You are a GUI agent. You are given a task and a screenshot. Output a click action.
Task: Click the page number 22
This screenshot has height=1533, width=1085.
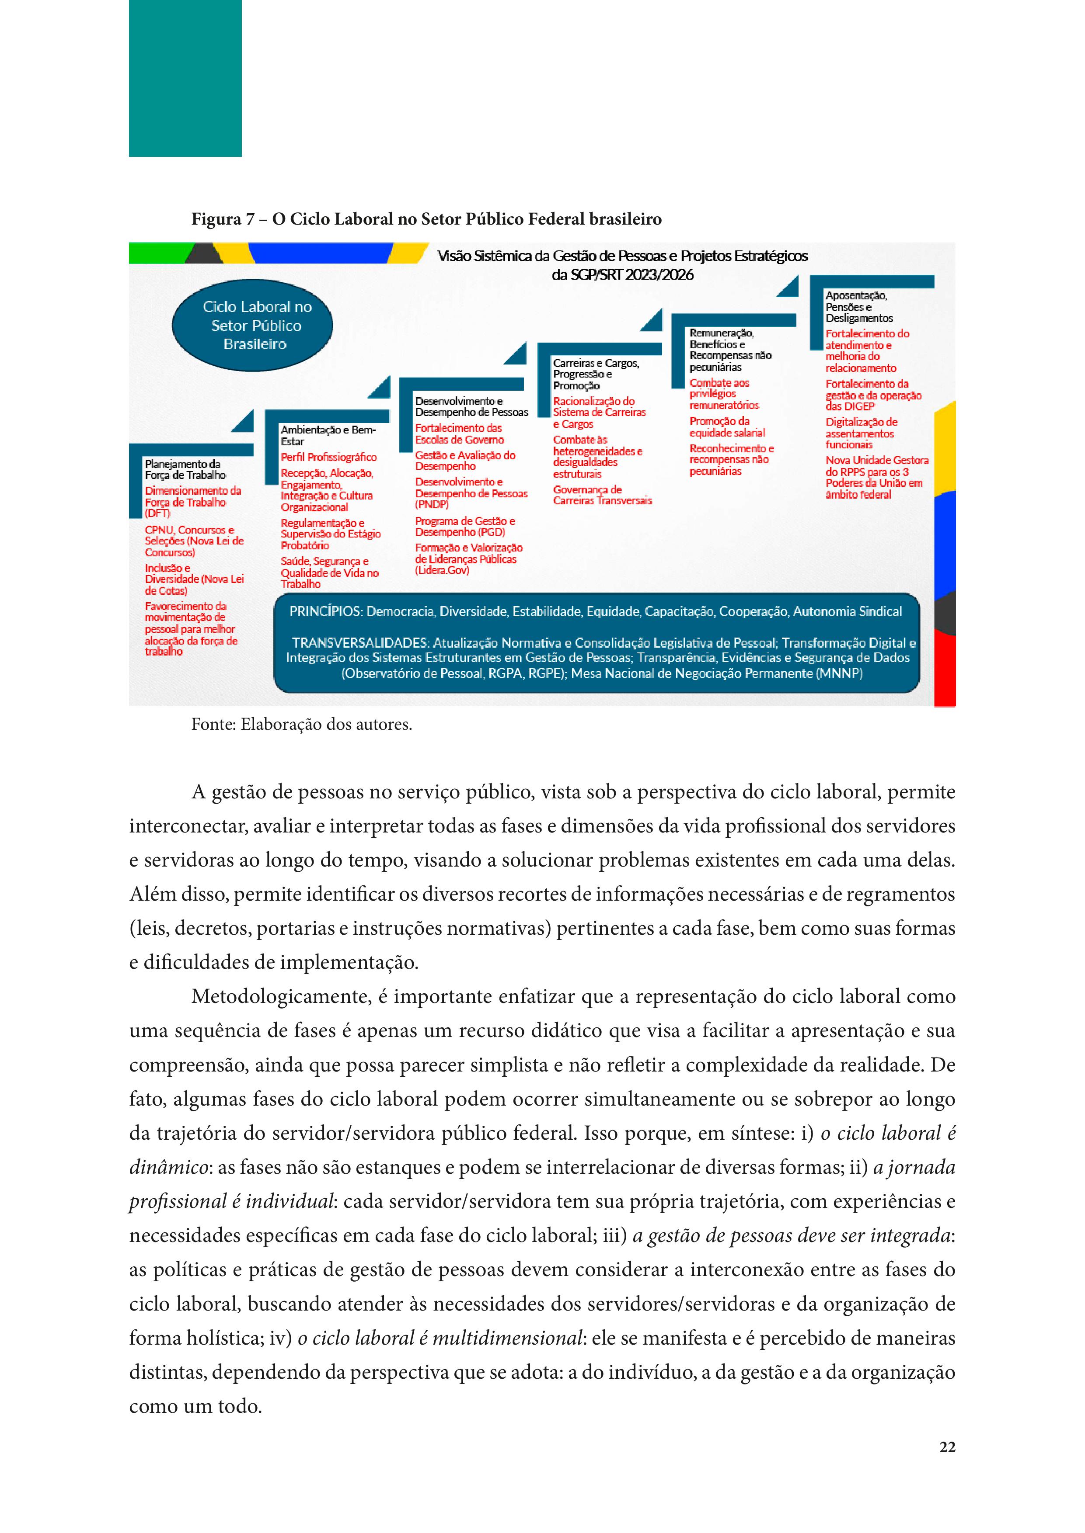947,1447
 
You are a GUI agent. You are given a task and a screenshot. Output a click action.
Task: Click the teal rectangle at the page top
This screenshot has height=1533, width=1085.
185,78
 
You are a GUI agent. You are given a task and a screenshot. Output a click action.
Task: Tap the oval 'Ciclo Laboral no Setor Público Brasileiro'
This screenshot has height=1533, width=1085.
252,325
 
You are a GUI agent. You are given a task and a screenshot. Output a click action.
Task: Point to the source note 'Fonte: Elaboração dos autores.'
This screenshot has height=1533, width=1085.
301,725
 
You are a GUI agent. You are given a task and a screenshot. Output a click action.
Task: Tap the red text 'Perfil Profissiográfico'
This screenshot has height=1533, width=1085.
328,458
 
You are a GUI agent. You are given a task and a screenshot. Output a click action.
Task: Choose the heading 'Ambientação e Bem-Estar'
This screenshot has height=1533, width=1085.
328,435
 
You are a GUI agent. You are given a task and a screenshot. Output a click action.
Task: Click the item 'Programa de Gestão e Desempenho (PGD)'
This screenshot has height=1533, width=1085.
464,526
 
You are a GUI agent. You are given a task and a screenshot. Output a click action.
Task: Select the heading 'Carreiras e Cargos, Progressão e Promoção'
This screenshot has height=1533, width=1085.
595,374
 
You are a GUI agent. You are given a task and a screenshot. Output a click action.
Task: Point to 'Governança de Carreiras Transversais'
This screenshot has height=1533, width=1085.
602,495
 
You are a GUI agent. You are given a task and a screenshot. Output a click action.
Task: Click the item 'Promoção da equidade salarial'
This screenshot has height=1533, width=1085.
727,427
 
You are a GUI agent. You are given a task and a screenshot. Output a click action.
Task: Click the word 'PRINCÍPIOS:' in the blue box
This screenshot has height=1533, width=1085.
326,612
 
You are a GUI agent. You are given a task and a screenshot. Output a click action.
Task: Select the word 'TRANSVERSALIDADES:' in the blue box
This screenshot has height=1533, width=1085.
360,643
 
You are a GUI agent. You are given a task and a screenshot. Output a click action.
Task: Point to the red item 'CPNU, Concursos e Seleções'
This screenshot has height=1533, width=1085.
194,541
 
